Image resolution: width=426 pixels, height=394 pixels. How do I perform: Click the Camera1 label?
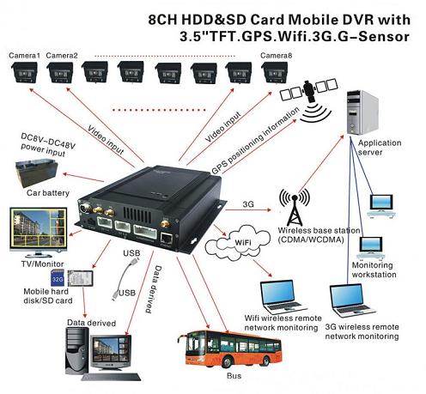[24, 55]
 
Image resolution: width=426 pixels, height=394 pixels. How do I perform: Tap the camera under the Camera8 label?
[275, 73]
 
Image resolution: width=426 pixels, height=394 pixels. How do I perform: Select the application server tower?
[362, 112]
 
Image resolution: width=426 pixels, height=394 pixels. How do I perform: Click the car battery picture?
[36, 173]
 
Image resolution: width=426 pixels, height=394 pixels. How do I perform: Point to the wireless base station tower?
[295, 208]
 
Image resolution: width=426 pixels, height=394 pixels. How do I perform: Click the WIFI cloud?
[238, 243]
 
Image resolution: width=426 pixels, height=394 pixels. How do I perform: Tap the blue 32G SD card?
[58, 278]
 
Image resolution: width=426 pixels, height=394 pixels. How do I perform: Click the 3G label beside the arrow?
[248, 204]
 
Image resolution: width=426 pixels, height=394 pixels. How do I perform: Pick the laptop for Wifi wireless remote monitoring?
[283, 296]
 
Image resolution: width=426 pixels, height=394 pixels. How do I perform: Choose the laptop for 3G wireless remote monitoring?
[352, 301]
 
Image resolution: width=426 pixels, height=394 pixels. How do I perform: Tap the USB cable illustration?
[125, 279]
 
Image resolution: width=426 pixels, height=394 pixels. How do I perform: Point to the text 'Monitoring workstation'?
[374, 270]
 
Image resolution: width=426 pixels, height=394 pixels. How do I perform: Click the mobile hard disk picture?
[81, 278]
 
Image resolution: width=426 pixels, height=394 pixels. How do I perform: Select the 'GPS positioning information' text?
[255, 141]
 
